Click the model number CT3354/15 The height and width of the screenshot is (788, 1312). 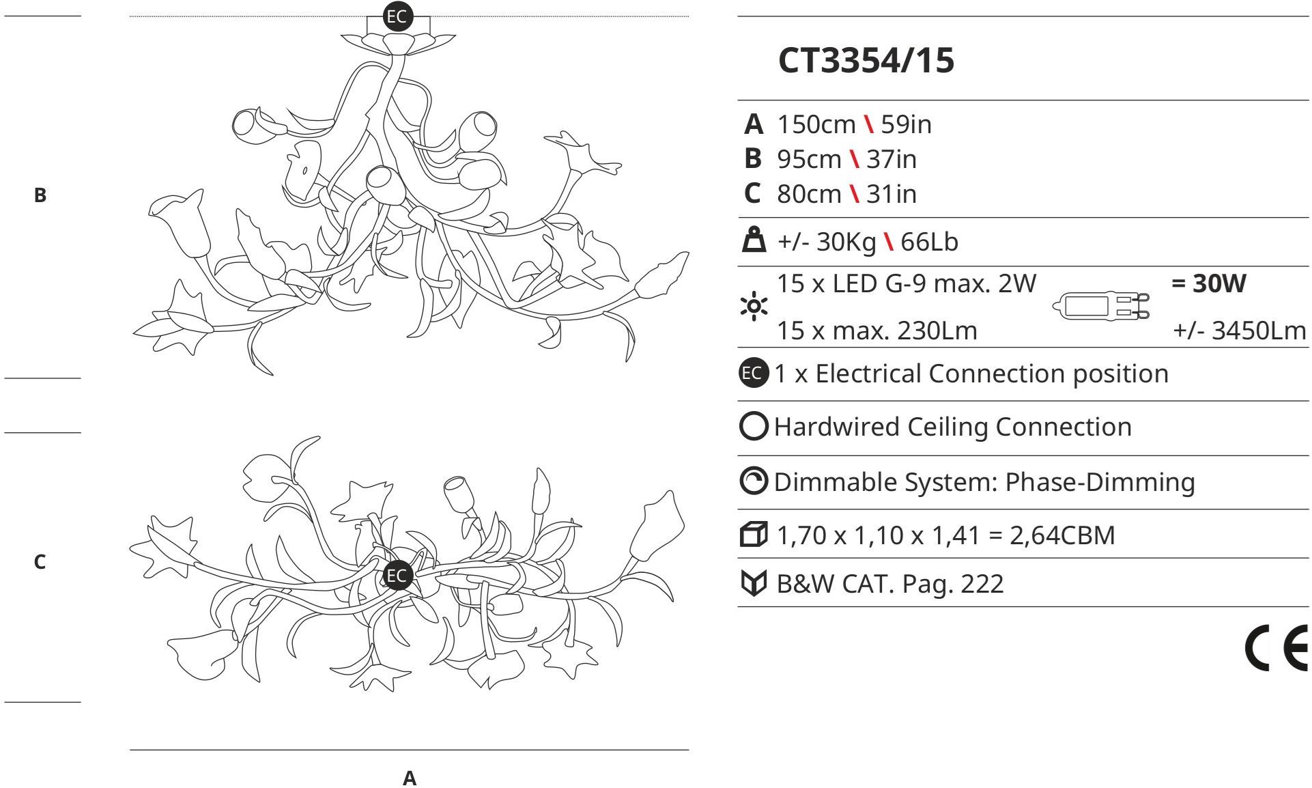pyautogui.click(x=866, y=60)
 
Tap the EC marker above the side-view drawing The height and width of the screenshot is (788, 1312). pyautogui.click(x=397, y=16)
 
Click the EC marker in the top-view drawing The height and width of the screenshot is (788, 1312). pyautogui.click(x=397, y=576)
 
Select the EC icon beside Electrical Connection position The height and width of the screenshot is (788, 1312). pyautogui.click(x=753, y=374)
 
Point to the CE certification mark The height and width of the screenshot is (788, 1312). pyautogui.click(x=1276, y=649)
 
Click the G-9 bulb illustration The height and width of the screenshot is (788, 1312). pyautogui.click(x=1101, y=307)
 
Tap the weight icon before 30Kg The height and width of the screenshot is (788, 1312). pyautogui.click(x=754, y=241)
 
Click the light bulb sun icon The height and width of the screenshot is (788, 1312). pyautogui.click(x=754, y=306)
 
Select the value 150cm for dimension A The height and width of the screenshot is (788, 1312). pyautogui.click(x=816, y=124)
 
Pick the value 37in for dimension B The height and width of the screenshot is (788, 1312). pyautogui.click(x=891, y=159)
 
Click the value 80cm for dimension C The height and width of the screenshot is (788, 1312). pyautogui.click(x=809, y=194)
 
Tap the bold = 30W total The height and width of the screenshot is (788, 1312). pyautogui.click(x=1208, y=283)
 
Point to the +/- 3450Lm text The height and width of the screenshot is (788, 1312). pyautogui.click(x=1239, y=330)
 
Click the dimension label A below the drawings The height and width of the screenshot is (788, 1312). pyautogui.click(x=409, y=778)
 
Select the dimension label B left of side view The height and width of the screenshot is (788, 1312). pyautogui.click(x=40, y=195)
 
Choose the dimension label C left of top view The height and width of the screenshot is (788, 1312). pyautogui.click(x=40, y=562)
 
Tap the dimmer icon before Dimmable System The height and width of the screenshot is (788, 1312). pyautogui.click(x=754, y=481)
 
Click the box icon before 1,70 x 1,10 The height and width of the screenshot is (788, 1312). pyautogui.click(x=754, y=535)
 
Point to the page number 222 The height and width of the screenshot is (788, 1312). pyautogui.click(x=982, y=584)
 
